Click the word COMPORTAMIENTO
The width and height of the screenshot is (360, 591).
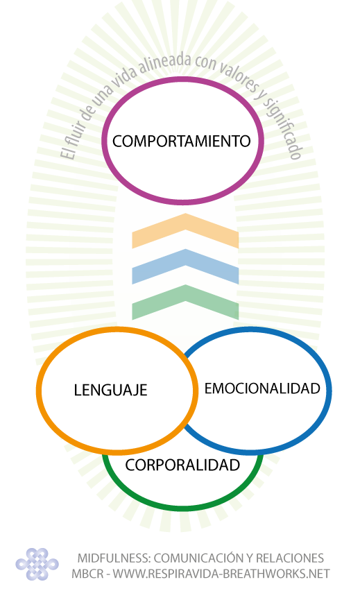[x=181, y=141]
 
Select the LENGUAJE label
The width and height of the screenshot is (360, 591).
[x=110, y=390]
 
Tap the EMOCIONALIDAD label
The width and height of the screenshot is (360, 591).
[x=262, y=388]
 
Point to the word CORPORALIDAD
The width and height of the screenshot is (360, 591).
[x=182, y=465]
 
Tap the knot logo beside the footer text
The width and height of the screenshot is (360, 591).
[x=37, y=564]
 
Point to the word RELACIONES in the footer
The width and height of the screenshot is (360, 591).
[x=290, y=558]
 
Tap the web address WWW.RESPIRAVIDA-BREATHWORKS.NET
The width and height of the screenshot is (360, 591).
[x=221, y=574]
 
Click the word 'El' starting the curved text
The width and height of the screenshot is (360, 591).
[x=67, y=153]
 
